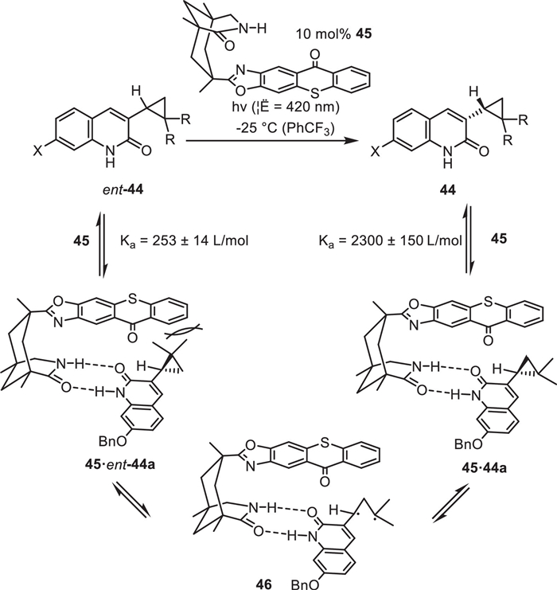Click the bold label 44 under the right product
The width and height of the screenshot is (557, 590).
point(448,190)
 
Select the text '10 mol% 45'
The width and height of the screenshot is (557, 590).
point(333,34)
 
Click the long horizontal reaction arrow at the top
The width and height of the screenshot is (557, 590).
point(271,140)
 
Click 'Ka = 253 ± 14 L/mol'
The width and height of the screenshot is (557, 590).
point(185,240)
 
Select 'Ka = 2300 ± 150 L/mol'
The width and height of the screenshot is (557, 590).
point(390,240)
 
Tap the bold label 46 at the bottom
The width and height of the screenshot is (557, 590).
point(263,584)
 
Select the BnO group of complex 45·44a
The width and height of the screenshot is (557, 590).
point(469,444)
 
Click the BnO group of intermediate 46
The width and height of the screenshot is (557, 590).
point(305,584)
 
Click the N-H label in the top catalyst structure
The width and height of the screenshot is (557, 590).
point(253,28)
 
